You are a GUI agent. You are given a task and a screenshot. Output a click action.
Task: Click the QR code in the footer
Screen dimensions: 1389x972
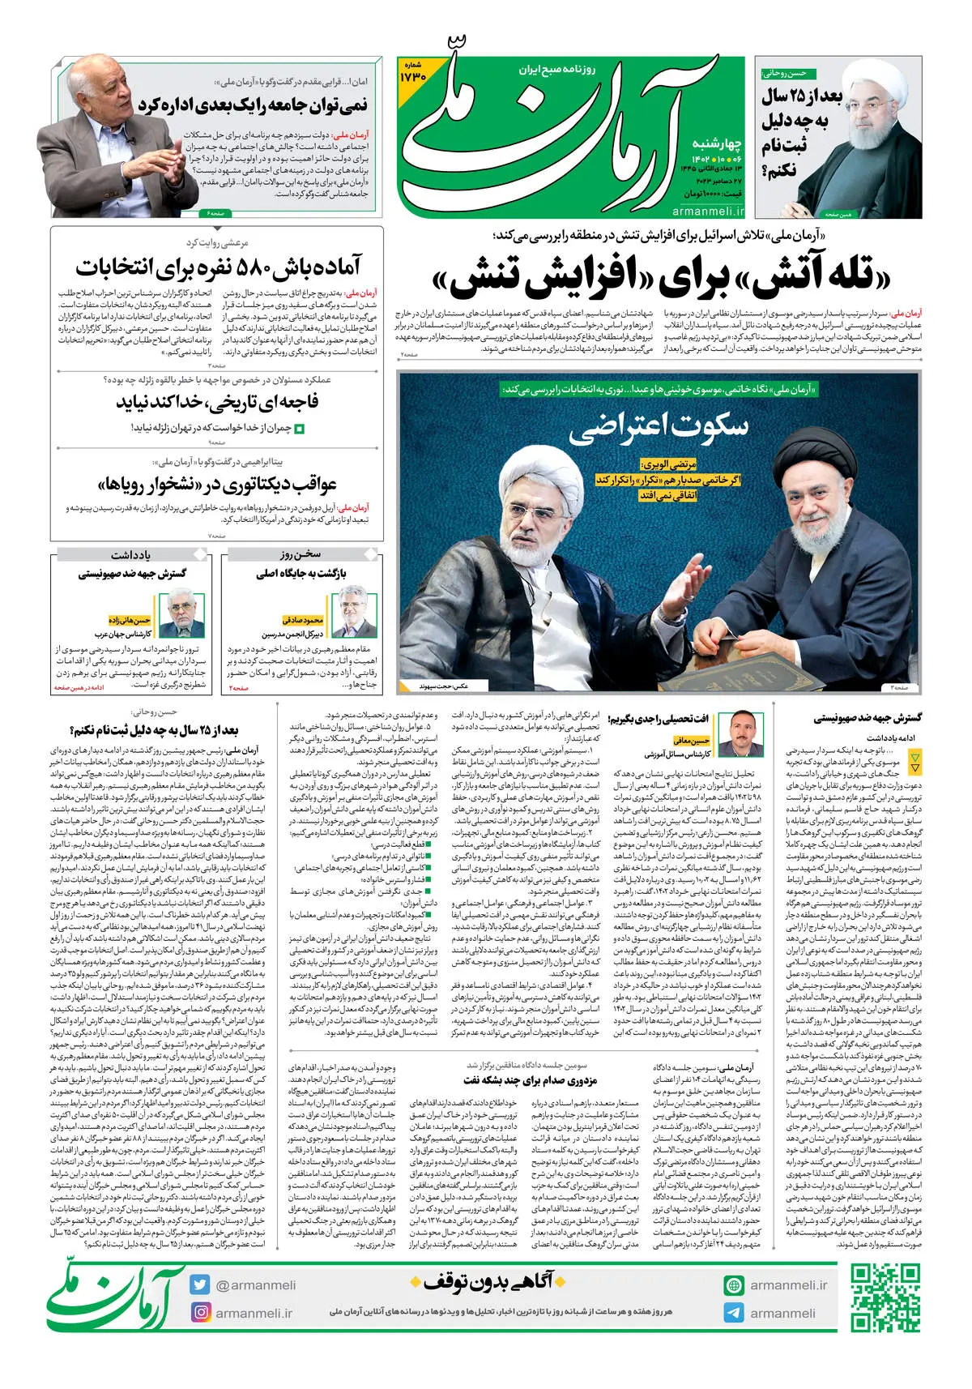click(885, 1298)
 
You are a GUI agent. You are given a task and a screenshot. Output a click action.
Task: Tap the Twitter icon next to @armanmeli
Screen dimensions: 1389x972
click(200, 1284)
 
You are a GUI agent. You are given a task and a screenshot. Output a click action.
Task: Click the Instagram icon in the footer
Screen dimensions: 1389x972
click(200, 1312)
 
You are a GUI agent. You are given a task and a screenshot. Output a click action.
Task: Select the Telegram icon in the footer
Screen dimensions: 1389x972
click(734, 1313)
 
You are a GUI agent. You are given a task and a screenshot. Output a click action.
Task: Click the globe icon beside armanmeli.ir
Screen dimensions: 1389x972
click(734, 1285)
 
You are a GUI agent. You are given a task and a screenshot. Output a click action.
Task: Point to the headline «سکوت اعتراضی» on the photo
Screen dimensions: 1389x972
click(659, 426)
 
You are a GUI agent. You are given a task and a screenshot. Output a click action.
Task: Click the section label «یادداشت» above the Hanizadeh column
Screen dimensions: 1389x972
click(131, 555)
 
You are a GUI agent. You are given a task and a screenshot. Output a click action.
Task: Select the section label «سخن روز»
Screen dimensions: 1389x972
click(301, 555)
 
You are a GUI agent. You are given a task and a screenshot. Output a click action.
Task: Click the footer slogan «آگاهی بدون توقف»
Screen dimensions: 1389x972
click(482, 1281)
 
